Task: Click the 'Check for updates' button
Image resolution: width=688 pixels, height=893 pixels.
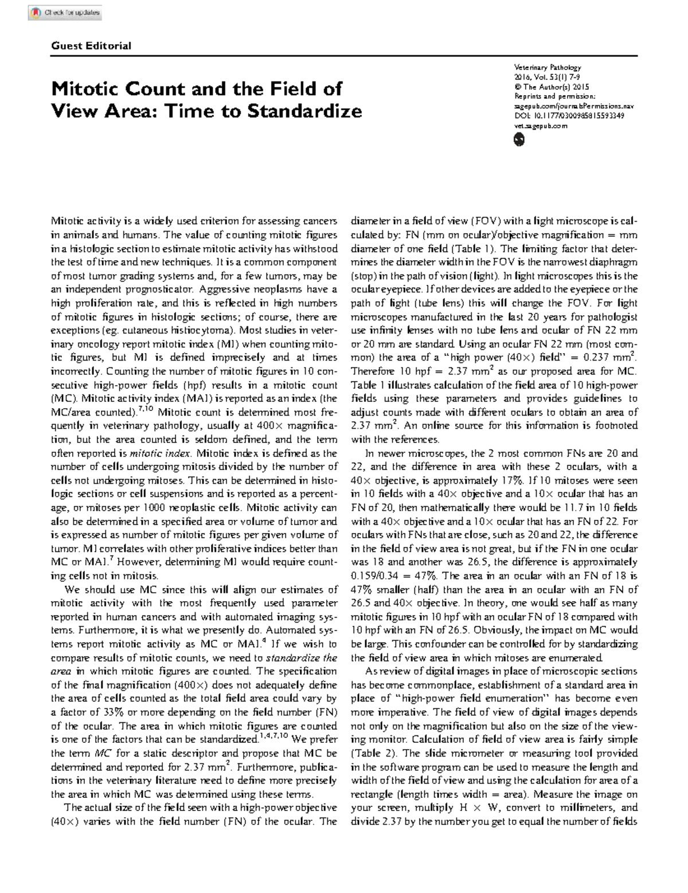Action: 65,12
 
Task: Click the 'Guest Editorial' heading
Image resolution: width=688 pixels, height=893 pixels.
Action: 91,46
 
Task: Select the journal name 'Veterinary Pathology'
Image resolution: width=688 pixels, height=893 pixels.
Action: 548,67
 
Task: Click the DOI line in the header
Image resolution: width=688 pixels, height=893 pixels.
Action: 569,116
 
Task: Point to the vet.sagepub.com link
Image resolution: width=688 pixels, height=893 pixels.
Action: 541,126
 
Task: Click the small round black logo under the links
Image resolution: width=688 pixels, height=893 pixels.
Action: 519,139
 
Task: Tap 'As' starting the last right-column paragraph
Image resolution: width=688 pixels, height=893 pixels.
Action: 371,671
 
